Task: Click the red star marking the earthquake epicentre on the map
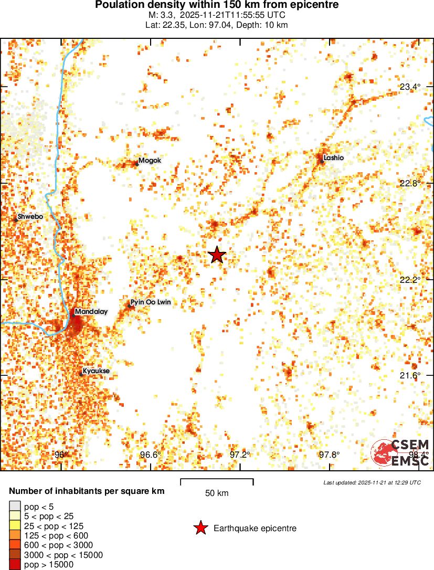[x=217, y=255]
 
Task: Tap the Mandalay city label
[x=91, y=312]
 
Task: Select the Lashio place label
[x=334, y=157]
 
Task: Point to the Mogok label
[x=150, y=161]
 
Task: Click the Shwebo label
[x=30, y=216]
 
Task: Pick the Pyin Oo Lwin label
[x=150, y=302]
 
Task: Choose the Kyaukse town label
[x=96, y=371]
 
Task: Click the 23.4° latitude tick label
[x=410, y=87]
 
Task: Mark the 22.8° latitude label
[x=410, y=183]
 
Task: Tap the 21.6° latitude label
[x=410, y=375]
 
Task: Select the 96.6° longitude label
[x=151, y=455]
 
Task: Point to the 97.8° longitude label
[x=329, y=455]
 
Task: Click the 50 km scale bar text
[x=217, y=493]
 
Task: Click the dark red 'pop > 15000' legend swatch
[x=15, y=565]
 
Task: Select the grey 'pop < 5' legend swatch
[x=15, y=506]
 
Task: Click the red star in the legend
[x=200, y=528]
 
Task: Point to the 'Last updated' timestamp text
[x=372, y=482]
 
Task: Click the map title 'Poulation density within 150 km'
[x=217, y=5]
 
